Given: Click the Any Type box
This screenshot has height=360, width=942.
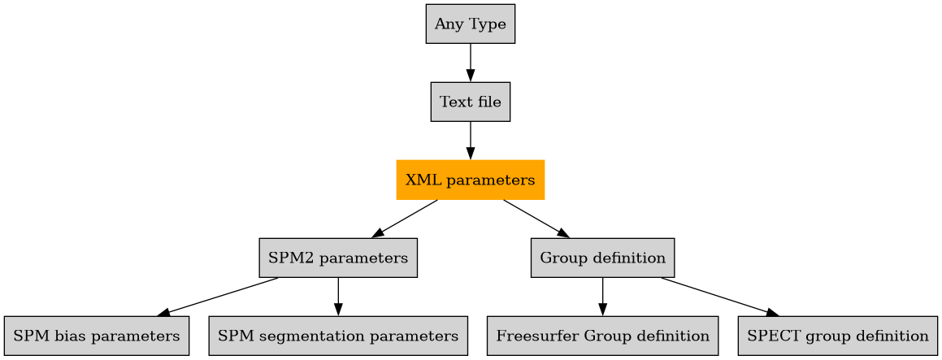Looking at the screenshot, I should (470, 24).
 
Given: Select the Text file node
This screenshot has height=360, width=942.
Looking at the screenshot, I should (470, 102).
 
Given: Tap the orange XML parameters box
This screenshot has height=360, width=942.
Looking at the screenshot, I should (470, 180).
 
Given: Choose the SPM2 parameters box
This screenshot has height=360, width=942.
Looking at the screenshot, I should (338, 258).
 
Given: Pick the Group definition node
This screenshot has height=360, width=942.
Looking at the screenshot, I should (602, 258).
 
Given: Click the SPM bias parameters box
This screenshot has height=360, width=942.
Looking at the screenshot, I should (97, 336).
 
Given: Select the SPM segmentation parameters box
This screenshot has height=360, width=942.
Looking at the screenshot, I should (338, 336).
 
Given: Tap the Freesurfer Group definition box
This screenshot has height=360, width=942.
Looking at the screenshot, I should (602, 336).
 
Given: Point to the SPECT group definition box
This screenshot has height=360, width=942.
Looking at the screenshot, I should (837, 336).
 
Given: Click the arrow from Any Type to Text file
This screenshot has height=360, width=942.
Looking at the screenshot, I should (470, 63).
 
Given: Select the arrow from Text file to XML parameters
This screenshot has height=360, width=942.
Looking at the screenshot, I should (470, 141).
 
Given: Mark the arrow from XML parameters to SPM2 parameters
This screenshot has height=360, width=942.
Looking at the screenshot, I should (405, 219).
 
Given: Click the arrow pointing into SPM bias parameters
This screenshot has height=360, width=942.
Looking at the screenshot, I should (218, 297).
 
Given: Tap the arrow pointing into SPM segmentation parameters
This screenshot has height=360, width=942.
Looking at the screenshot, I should (338, 297).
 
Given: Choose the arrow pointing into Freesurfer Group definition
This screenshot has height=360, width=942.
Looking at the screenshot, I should (602, 297).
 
